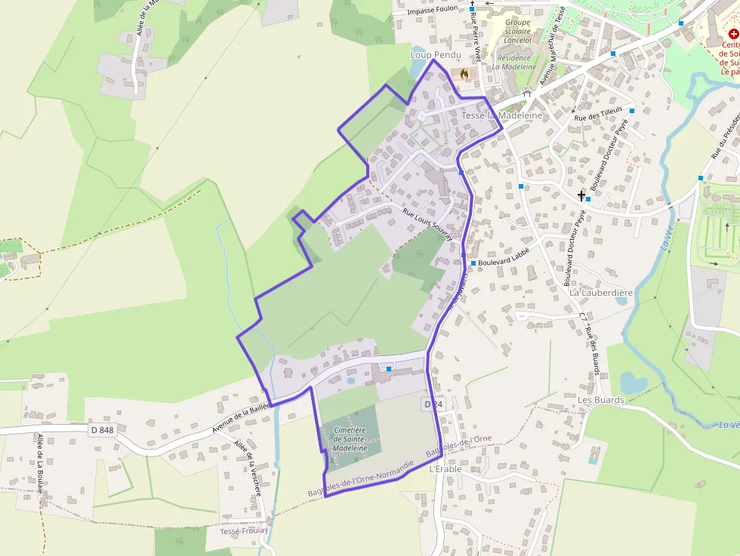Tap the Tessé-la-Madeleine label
point(501,115)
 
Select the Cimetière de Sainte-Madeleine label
point(350,438)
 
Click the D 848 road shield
point(101,430)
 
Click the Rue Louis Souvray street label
point(427,224)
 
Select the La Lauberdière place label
point(601,292)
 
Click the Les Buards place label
point(601,400)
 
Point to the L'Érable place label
point(446,469)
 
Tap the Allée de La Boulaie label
point(39,462)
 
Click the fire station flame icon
point(464,73)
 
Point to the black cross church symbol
point(581,195)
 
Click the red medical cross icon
point(732,34)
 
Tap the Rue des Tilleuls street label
point(599,114)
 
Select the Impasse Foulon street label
point(433,12)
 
